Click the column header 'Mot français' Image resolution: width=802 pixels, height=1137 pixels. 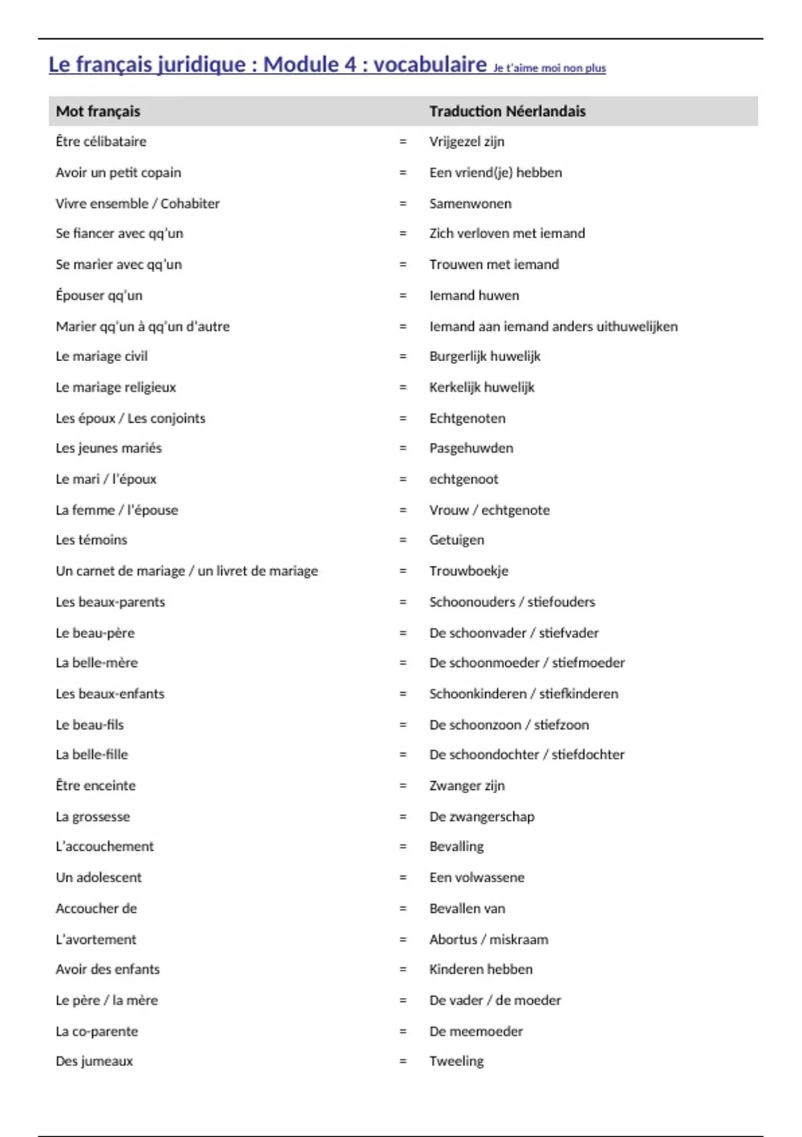(x=98, y=112)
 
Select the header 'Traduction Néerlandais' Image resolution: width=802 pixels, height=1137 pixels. (x=507, y=112)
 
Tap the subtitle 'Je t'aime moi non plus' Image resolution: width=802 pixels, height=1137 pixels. (x=549, y=68)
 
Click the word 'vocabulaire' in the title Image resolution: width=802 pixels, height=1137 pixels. (x=430, y=64)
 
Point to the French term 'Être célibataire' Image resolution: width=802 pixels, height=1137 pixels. (x=101, y=142)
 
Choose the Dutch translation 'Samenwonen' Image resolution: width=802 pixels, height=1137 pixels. (x=471, y=203)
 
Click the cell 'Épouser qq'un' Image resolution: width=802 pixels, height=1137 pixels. (x=99, y=296)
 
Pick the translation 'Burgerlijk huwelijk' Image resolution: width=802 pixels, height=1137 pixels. (x=485, y=356)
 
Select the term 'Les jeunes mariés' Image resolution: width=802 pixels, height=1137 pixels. (x=109, y=448)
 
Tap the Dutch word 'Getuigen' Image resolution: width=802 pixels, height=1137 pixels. (x=456, y=540)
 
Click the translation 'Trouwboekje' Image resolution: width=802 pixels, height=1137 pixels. (x=469, y=571)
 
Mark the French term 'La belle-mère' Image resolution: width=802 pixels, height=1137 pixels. (x=97, y=663)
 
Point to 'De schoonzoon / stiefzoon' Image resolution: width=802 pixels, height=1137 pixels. (x=509, y=725)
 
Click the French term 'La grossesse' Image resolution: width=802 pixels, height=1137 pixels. (x=93, y=817)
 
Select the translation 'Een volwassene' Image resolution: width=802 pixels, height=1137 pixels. (x=477, y=877)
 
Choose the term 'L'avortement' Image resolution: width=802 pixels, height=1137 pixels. (x=96, y=940)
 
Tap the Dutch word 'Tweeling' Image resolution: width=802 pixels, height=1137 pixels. (x=456, y=1061)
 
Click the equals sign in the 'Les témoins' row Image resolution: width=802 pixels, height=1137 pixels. (x=403, y=540)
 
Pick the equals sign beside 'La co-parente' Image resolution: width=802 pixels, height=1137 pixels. (x=403, y=1031)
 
